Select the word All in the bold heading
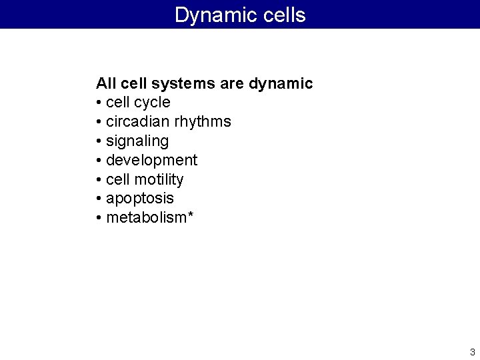click(107, 83)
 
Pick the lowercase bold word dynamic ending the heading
click(281, 84)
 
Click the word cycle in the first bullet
click(152, 103)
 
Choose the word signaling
click(137, 141)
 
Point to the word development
click(151, 161)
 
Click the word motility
click(159, 179)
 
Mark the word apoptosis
click(140, 199)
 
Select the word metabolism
click(146, 217)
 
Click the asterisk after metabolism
click(191, 215)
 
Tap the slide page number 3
click(472, 352)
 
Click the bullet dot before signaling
click(99, 141)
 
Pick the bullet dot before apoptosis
click(99, 199)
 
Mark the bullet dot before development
click(99, 161)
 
